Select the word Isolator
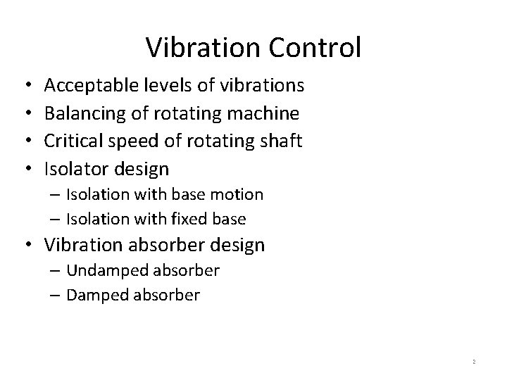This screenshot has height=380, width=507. pos(74,169)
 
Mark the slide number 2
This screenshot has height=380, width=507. pos(474,361)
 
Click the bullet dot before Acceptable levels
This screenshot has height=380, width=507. pos(25,86)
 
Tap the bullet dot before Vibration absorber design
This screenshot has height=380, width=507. pos(25,245)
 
